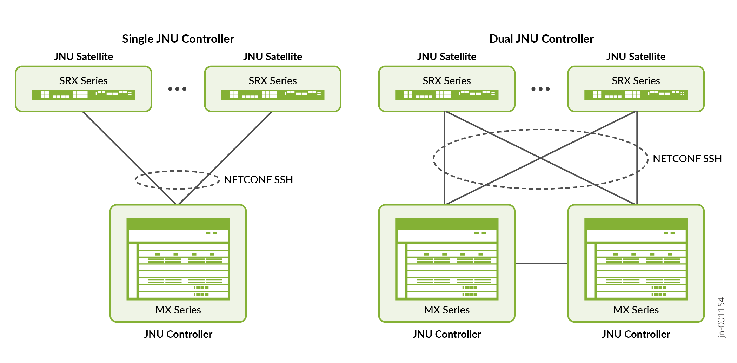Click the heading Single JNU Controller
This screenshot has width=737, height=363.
(178, 39)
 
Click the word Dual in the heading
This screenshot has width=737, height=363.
(501, 39)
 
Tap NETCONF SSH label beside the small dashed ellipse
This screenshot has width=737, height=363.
(258, 180)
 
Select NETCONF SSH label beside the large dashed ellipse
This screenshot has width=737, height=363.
(687, 159)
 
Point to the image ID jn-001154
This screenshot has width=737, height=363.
(721, 317)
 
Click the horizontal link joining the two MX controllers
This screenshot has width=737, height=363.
(541, 263)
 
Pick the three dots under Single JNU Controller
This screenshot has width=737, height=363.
(177, 89)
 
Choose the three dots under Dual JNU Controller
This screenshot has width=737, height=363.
(540, 89)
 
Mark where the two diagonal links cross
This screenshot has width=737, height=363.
(541, 158)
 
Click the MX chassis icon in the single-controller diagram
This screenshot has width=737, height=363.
(178, 259)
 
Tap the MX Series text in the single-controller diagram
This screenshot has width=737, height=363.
(178, 310)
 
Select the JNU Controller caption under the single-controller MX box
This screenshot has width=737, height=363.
(178, 334)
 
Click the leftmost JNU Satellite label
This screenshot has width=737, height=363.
(84, 57)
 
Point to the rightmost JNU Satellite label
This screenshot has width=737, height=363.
(636, 57)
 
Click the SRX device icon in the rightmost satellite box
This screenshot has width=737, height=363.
(636, 94)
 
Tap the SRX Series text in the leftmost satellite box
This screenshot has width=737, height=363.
(84, 81)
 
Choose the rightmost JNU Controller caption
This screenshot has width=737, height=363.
(636, 334)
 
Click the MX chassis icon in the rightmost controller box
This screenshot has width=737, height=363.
(636, 259)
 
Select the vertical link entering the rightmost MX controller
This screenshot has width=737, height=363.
(637, 158)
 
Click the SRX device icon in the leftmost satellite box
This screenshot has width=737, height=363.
(84, 94)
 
